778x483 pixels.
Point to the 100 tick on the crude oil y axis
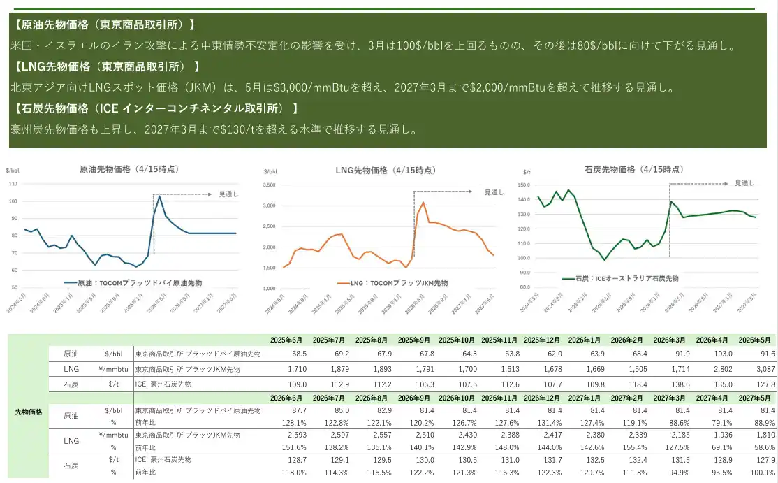click(x=13, y=201)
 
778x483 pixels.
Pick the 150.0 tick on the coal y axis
click(x=524, y=185)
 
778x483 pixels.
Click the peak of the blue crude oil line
click(x=159, y=196)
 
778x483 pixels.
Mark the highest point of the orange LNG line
click(x=423, y=203)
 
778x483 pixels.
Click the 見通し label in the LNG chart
click(x=493, y=192)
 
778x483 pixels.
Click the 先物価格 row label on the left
click(x=29, y=412)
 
